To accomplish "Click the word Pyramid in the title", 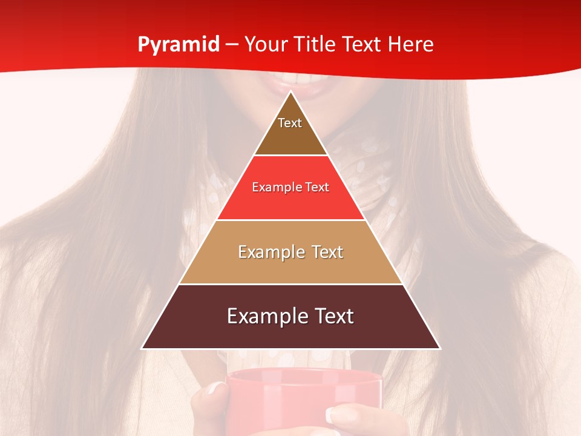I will point(178,45).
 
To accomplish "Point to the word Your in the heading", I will point(263,45).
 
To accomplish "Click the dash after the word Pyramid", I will point(232,45).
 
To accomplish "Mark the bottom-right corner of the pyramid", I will point(439,348).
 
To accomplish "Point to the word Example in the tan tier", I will point(266,252).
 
